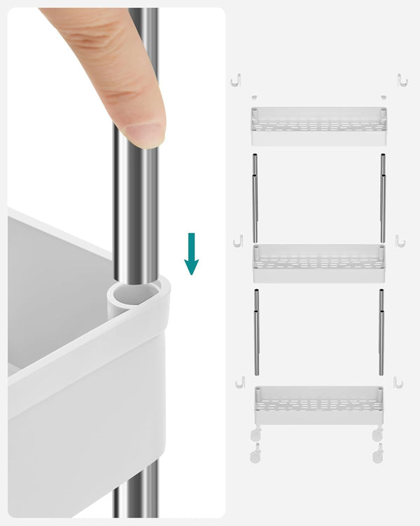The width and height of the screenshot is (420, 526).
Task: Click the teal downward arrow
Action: (x=191, y=255)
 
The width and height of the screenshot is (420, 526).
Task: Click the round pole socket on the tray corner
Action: (x=136, y=295)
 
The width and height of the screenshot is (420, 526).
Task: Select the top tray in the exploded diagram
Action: (x=318, y=126)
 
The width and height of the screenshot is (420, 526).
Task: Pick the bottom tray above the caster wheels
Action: (x=318, y=405)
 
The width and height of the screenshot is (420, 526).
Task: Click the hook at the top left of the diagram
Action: (x=236, y=80)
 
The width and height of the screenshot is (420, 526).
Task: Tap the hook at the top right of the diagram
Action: (x=402, y=80)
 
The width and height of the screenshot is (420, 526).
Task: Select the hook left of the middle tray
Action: (x=238, y=241)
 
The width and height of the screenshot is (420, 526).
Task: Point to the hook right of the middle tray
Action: (x=400, y=241)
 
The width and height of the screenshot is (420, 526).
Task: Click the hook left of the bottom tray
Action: (x=240, y=382)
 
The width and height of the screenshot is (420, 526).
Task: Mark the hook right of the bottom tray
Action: (x=398, y=382)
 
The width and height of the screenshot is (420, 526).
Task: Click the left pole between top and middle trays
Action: (x=255, y=199)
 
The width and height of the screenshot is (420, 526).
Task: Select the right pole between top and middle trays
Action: (x=383, y=199)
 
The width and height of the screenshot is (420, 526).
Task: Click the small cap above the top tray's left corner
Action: (x=254, y=97)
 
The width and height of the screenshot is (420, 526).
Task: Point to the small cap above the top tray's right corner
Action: (x=384, y=97)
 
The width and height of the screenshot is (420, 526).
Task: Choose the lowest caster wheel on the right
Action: (x=378, y=454)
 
